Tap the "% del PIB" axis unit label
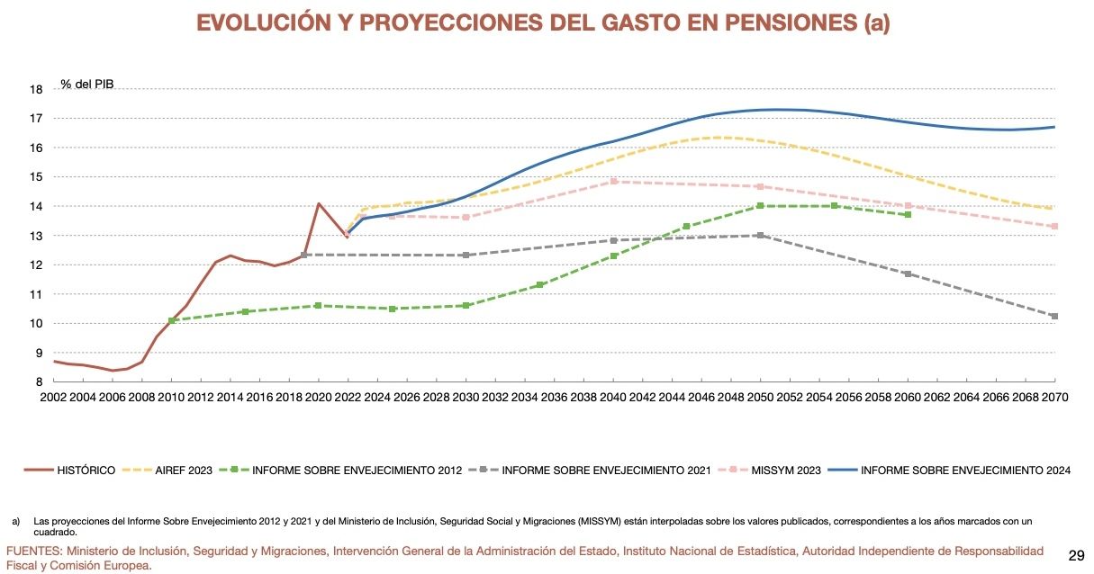coord(87,84)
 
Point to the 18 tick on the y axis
coord(36,89)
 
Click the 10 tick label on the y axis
coord(36,324)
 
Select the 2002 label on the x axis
coord(54,397)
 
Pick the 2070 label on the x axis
coord(1053,397)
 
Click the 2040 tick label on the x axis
coord(612,397)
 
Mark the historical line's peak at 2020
coord(319,203)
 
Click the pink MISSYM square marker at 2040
coord(613,181)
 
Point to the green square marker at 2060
coord(908,214)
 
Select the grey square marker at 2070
coord(1054,316)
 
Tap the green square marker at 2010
coord(172,320)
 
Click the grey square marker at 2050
coord(760,236)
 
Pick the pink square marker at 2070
coord(1054,226)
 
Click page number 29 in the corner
coord(1075,554)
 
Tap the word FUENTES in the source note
coord(33,551)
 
